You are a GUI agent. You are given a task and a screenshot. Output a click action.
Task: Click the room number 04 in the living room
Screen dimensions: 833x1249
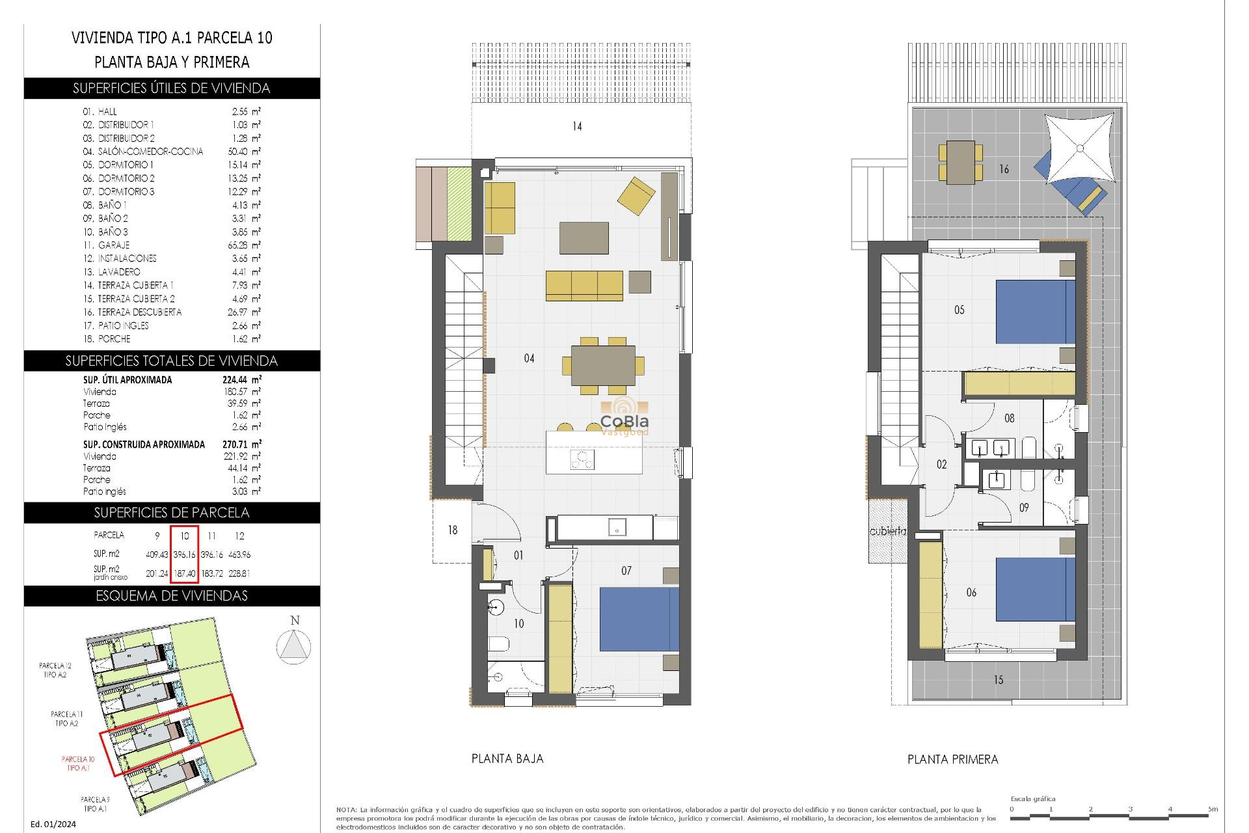tap(529, 359)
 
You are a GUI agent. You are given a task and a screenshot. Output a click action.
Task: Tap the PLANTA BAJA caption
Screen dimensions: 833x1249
tap(507, 758)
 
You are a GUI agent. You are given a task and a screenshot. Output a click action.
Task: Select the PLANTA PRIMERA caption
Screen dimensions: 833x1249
tap(952, 759)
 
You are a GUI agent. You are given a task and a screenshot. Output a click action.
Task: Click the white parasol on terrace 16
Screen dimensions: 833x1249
tap(1080, 149)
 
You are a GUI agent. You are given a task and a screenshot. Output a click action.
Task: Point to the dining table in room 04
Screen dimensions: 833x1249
tap(603, 366)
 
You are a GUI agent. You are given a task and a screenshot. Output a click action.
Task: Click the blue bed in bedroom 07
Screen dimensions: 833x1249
tap(638, 619)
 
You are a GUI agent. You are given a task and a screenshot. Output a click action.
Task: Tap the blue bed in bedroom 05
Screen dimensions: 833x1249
tap(1034, 312)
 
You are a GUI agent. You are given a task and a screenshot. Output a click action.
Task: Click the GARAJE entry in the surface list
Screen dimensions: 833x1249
tap(114, 245)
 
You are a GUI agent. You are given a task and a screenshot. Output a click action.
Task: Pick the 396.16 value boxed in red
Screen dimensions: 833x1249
tap(184, 555)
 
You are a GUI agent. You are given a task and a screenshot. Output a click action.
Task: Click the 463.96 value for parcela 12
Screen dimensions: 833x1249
tap(239, 555)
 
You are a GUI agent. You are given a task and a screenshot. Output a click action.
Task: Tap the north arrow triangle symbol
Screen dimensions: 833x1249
tap(293, 647)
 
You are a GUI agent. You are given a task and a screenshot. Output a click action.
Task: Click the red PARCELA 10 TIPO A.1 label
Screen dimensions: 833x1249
tap(78, 763)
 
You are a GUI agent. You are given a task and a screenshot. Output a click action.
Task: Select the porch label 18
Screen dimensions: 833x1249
tap(453, 530)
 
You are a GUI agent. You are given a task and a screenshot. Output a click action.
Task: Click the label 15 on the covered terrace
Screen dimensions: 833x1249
tap(998, 680)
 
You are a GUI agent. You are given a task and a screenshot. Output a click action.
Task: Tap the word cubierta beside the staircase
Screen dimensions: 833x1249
tap(887, 531)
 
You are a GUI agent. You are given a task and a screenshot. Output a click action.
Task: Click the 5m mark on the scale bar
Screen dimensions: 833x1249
tap(1213, 810)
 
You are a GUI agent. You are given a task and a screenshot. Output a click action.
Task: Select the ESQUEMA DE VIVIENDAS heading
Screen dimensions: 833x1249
tap(172, 596)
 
